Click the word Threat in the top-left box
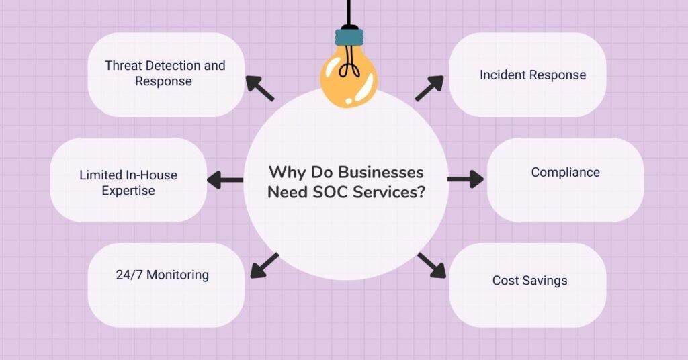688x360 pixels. tap(124, 66)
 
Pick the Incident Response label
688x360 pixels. tap(533, 75)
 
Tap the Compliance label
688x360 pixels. tap(565, 173)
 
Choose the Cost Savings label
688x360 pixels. tap(529, 280)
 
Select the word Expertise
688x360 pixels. tap(128, 191)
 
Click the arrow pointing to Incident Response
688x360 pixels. tap(429, 88)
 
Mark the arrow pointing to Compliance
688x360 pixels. tap(465, 179)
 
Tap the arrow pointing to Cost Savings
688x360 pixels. tap(431, 265)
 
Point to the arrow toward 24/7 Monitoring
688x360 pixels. tap(264, 265)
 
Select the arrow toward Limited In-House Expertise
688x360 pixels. tap(225, 180)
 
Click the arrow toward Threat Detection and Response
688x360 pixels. tap(259, 88)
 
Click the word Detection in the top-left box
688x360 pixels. tap(179, 66)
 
